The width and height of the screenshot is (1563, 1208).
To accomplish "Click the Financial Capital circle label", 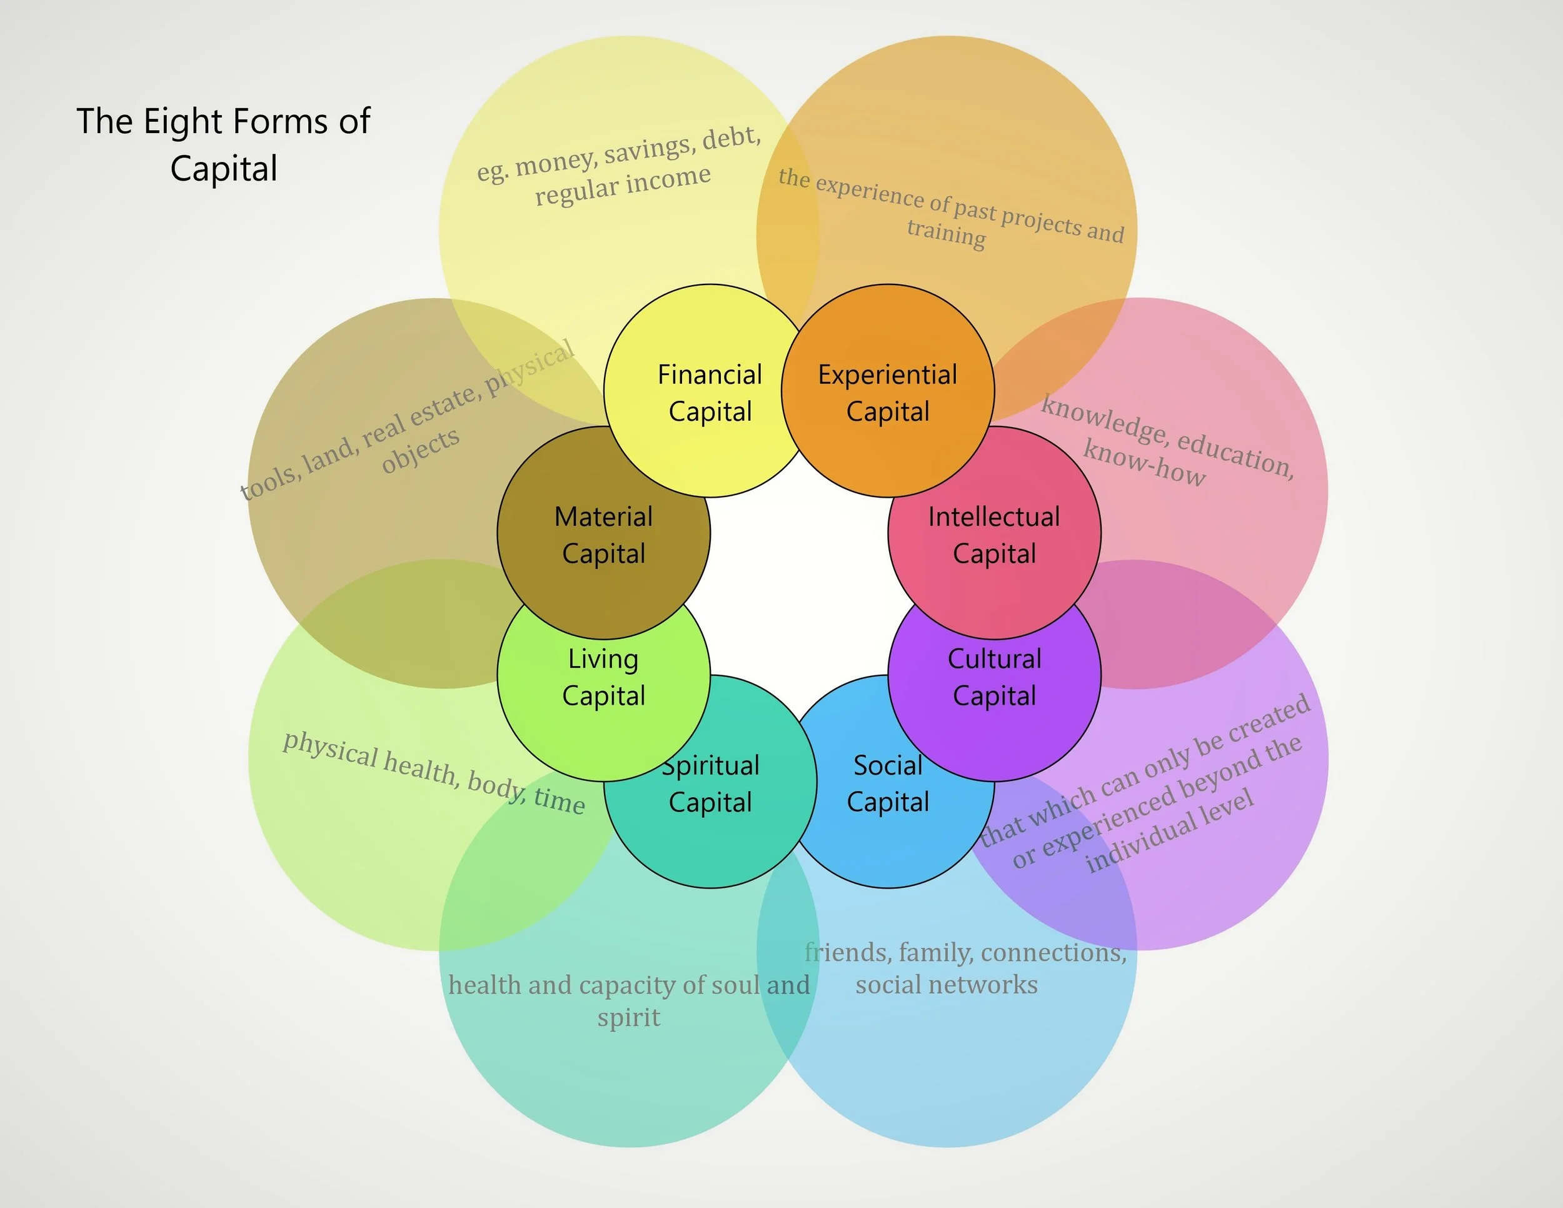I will point(710,393).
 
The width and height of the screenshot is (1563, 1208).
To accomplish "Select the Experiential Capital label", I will point(887,393).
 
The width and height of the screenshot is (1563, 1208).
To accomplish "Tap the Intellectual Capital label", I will point(994,535).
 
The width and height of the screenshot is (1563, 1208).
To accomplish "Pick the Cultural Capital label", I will point(994,677).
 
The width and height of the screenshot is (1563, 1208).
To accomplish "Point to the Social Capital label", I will point(887,783).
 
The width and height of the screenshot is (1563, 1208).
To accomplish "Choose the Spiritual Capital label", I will point(710,783).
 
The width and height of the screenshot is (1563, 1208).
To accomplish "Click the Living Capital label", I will point(603,677).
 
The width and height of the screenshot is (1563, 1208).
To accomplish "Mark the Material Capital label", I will point(603,535).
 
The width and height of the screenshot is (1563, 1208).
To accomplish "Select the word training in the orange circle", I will point(946,234).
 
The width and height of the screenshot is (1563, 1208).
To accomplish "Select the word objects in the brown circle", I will point(420,451).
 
